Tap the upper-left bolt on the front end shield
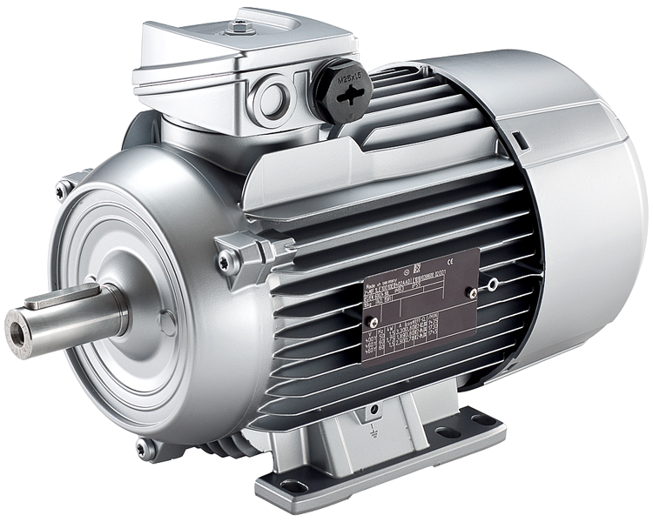[63, 188]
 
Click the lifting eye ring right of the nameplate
[494, 284]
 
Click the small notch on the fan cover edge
[520, 138]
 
